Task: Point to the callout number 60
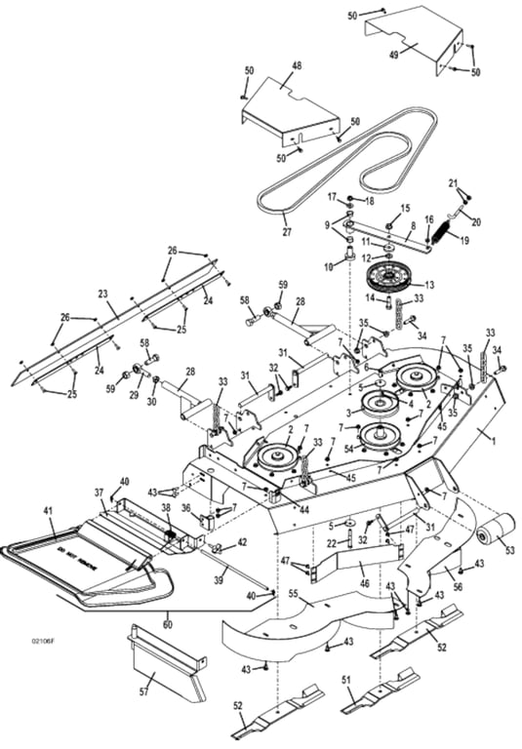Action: coord(167,616)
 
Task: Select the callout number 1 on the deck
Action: coord(493,442)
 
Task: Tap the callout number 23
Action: coord(101,292)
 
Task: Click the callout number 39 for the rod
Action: coord(220,578)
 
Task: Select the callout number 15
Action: coord(406,208)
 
